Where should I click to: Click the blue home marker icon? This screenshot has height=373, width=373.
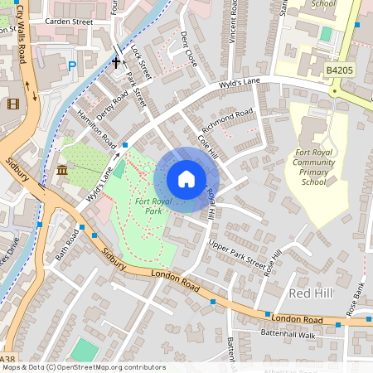pos(186,179)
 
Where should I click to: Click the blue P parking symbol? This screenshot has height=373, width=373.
pos(72,65)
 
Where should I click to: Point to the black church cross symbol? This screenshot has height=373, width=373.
pos(116,61)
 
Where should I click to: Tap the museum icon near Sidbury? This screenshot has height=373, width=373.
pos(62,171)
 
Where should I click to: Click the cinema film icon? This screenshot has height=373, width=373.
pos(12,104)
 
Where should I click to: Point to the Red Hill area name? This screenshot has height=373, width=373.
pos(311,294)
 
